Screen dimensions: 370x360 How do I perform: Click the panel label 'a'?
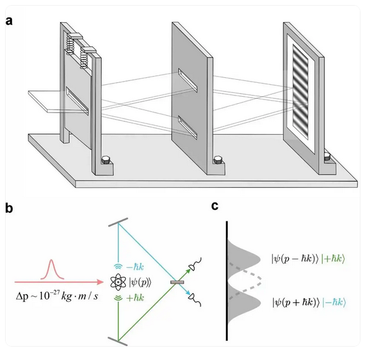(x=9, y=22)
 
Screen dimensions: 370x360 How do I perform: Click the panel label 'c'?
(x=215, y=206)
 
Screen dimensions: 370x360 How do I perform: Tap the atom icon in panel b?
(x=118, y=282)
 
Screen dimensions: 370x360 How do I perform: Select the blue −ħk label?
(x=135, y=267)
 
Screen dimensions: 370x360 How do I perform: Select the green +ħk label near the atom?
(x=135, y=298)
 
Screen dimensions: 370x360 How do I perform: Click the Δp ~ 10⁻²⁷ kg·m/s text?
(x=57, y=295)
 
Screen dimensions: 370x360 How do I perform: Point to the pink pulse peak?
(x=52, y=261)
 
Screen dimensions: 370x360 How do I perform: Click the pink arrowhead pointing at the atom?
(x=101, y=282)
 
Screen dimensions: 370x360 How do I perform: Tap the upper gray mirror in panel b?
(x=118, y=222)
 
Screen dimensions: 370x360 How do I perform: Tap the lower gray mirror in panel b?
(x=118, y=342)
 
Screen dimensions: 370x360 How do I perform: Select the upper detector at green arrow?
(x=195, y=264)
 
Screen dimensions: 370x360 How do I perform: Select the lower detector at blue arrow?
(x=195, y=299)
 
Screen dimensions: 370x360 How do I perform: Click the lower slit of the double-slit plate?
(x=188, y=127)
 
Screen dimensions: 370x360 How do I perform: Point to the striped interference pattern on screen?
(x=300, y=92)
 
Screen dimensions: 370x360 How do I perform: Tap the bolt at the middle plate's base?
(x=218, y=159)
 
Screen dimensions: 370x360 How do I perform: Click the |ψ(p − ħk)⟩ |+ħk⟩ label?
(x=308, y=259)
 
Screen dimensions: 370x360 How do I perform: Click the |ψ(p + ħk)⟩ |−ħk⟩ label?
(x=309, y=302)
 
